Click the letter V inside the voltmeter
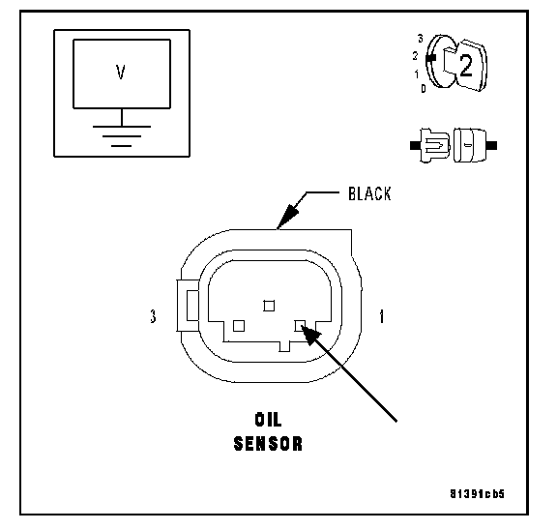click(x=121, y=73)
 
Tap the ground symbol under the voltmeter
click(x=122, y=136)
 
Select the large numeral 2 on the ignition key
click(x=466, y=66)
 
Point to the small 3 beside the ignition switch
click(x=421, y=39)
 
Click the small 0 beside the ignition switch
click(x=424, y=88)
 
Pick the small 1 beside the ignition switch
click(x=417, y=74)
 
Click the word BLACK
click(x=369, y=194)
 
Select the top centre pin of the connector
click(x=269, y=306)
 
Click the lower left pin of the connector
click(x=239, y=326)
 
